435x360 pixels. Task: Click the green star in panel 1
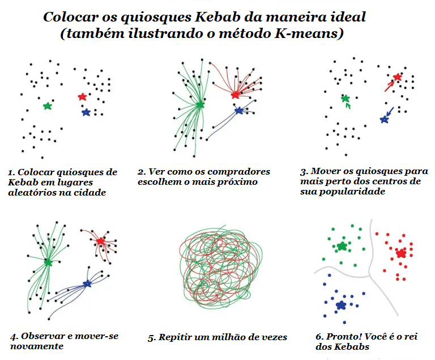pyautogui.click(x=48, y=106)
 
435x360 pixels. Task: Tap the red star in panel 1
pyautogui.click(x=82, y=97)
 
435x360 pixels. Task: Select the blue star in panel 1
pyautogui.click(x=86, y=112)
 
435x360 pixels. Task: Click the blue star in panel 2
pyautogui.click(x=238, y=111)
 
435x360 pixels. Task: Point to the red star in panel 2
pyautogui.click(x=236, y=95)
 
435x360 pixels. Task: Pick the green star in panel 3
pyautogui.click(x=345, y=98)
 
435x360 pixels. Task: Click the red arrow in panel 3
pyautogui.click(x=389, y=86)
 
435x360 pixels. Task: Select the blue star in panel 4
pyautogui.click(x=87, y=283)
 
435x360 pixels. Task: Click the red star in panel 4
pyautogui.click(x=100, y=242)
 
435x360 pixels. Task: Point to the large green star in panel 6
pyautogui.click(x=342, y=246)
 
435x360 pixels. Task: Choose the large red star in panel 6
pyautogui.click(x=401, y=253)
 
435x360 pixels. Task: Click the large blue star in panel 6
pyautogui.click(x=340, y=306)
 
